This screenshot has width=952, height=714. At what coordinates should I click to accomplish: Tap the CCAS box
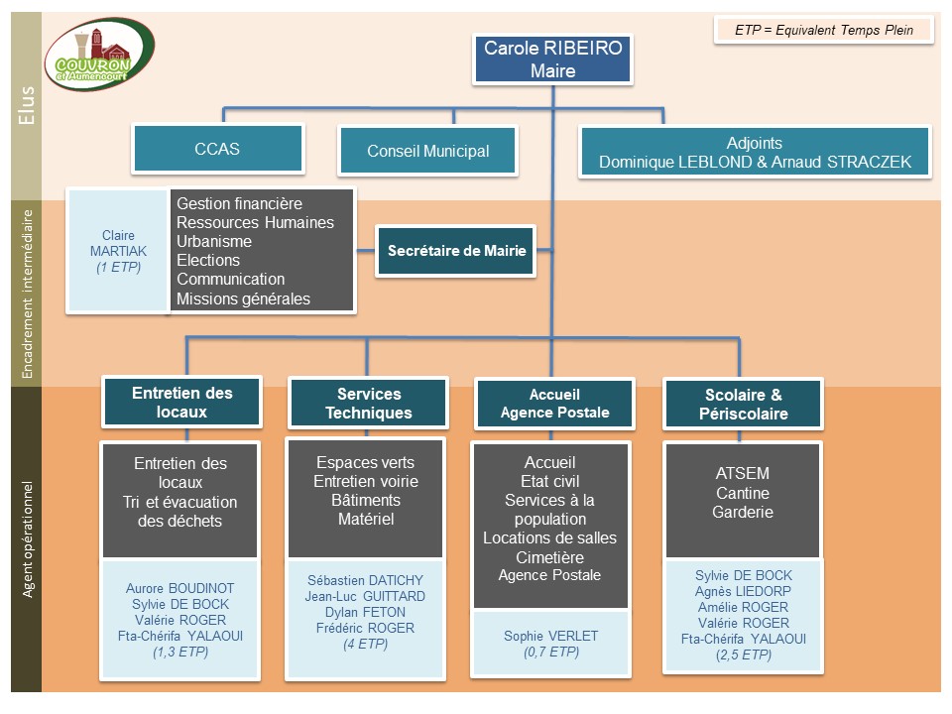[217, 150]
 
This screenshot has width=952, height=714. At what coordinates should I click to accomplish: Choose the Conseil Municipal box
[427, 152]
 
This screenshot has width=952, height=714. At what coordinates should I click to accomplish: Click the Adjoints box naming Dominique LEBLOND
[755, 152]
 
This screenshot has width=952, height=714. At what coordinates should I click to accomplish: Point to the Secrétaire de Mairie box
[456, 251]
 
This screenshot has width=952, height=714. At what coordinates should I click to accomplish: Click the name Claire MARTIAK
[118, 244]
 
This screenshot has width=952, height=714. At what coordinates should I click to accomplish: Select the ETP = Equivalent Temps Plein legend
[825, 30]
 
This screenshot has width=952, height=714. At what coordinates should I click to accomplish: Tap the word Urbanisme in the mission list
[214, 241]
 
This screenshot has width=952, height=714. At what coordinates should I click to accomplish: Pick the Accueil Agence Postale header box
[554, 403]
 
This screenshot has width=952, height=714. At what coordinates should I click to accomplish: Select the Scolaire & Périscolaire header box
[742, 404]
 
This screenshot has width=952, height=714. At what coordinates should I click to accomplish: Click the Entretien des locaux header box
[181, 402]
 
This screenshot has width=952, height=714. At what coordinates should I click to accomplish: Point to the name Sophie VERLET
[550, 636]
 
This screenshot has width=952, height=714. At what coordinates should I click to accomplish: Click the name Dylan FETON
[364, 612]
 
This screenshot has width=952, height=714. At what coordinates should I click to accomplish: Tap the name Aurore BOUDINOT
[180, 588]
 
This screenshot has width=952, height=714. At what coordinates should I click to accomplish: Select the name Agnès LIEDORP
[742, 591]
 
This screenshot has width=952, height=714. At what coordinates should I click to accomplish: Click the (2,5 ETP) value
[743, 655]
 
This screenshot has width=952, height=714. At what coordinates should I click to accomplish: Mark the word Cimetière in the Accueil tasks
[549, 557]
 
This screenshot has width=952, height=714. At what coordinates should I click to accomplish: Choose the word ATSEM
[742, 473]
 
